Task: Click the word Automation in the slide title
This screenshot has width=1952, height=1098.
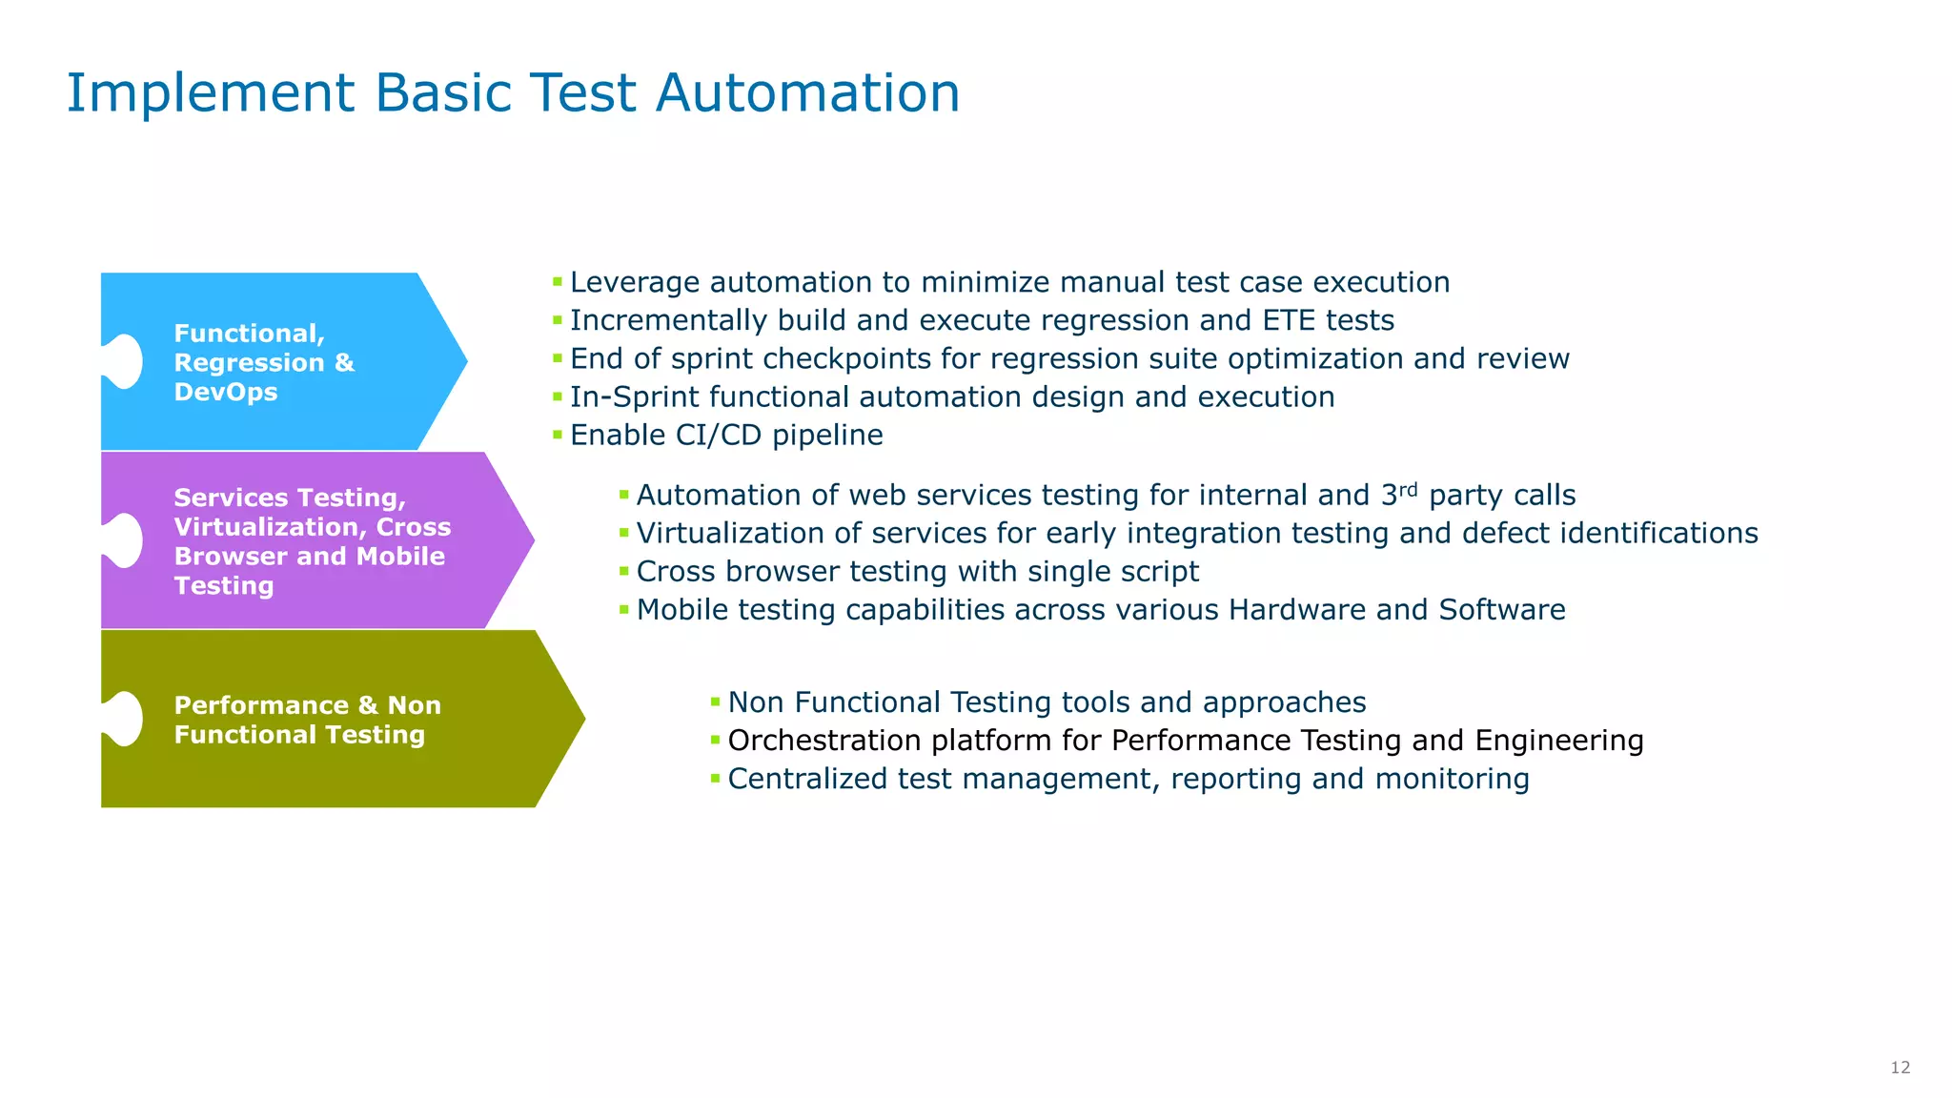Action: click(x=807, y=93)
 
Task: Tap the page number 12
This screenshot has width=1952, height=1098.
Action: click(x=1900, y=1067)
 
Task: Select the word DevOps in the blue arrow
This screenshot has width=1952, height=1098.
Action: click(x=226, y=393)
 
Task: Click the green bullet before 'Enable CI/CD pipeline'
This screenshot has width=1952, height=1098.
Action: click(x=558, y=435)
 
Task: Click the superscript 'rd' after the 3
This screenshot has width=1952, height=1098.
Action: click(x=1408, y=489)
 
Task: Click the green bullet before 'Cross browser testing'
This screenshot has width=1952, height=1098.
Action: click(x=624, y=571)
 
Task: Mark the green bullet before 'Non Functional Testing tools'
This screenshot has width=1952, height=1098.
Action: click(x=716, y=702)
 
